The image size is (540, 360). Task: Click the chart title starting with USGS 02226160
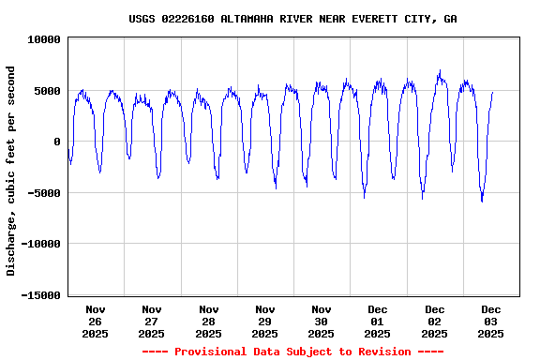292,19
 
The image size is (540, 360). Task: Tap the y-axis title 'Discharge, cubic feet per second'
11,171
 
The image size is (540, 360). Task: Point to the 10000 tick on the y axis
44,40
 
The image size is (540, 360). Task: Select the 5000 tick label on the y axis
47,91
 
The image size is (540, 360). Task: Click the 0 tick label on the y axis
57,142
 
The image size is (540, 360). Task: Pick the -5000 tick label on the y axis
44,193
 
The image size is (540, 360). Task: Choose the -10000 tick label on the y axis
40,244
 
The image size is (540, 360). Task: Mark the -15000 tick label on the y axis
40,295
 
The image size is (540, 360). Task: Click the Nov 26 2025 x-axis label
96,321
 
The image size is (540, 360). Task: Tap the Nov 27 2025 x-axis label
152,321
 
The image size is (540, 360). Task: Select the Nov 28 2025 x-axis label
208,321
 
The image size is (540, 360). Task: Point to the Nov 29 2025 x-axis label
265,321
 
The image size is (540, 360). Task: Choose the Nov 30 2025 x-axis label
322,321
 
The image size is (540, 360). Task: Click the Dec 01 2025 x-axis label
378,321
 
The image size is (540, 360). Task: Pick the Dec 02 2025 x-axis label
434,321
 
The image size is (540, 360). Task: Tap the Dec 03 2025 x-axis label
491,321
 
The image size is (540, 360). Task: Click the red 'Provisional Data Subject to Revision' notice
292,352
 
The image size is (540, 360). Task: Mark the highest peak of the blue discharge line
439,70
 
